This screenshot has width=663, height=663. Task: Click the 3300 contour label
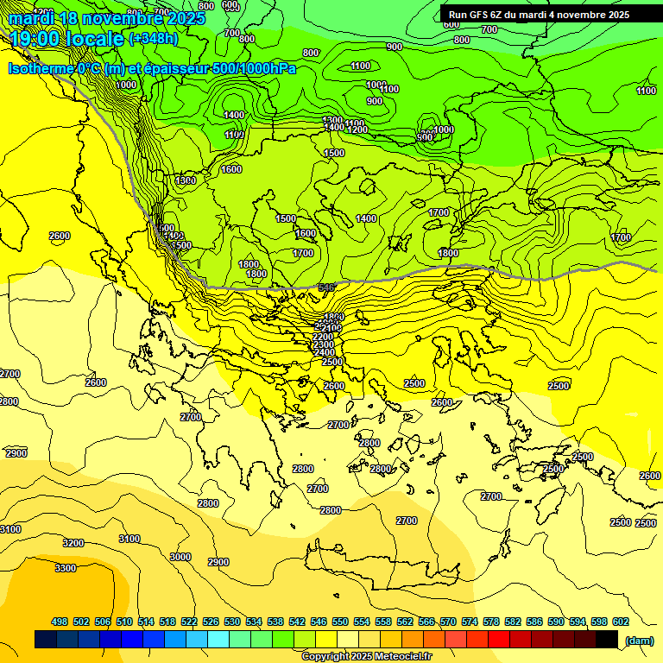65,568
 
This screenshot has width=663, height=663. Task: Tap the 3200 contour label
73,543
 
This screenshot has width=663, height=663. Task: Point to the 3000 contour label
180,557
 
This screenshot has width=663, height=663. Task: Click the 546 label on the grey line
326,287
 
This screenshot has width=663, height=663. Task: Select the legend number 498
60,622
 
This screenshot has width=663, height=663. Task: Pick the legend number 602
621,622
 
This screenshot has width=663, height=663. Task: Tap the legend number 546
319,622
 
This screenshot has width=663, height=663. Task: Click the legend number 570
448,622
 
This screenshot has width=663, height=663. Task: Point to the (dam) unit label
639,640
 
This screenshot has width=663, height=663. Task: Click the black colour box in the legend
607,639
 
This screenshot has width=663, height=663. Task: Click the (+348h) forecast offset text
154,39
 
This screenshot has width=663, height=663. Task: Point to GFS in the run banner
483,15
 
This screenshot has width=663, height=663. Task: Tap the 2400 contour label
325,352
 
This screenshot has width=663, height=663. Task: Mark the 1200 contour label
357,129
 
